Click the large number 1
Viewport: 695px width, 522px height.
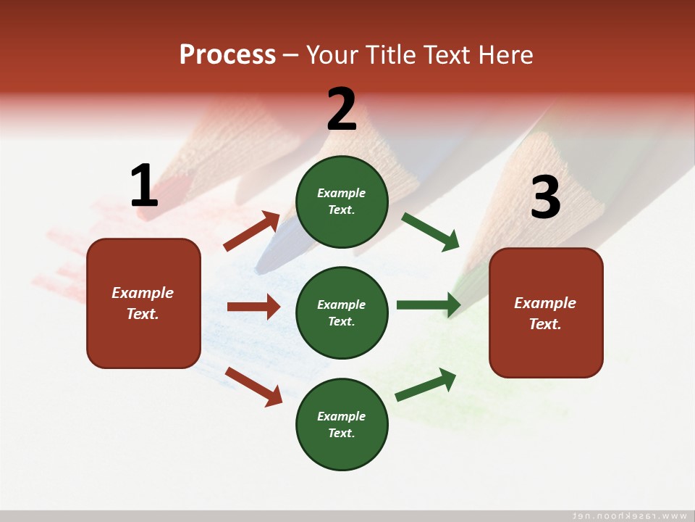coord(144,186)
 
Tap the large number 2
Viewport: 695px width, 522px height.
coord(342,109)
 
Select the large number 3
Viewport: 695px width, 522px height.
coord(546,197)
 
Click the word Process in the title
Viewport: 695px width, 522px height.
coord(227,54)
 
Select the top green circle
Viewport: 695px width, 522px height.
coord(342,202)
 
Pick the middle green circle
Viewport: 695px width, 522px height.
coord(342,312)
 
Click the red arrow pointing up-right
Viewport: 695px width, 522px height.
coord(252,231)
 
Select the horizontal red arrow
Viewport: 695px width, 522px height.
coord(253,307)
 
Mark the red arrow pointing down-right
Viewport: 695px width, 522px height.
coord(253,386)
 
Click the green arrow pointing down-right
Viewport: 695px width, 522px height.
coord(430,231)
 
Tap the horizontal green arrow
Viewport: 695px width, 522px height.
coord(428,304)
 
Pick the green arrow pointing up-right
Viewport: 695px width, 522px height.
coord(426,384)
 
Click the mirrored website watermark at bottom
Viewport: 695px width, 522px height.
coord(629,515)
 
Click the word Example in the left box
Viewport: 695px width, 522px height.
coord(143,293)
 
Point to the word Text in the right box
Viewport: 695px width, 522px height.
coord(544,324)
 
